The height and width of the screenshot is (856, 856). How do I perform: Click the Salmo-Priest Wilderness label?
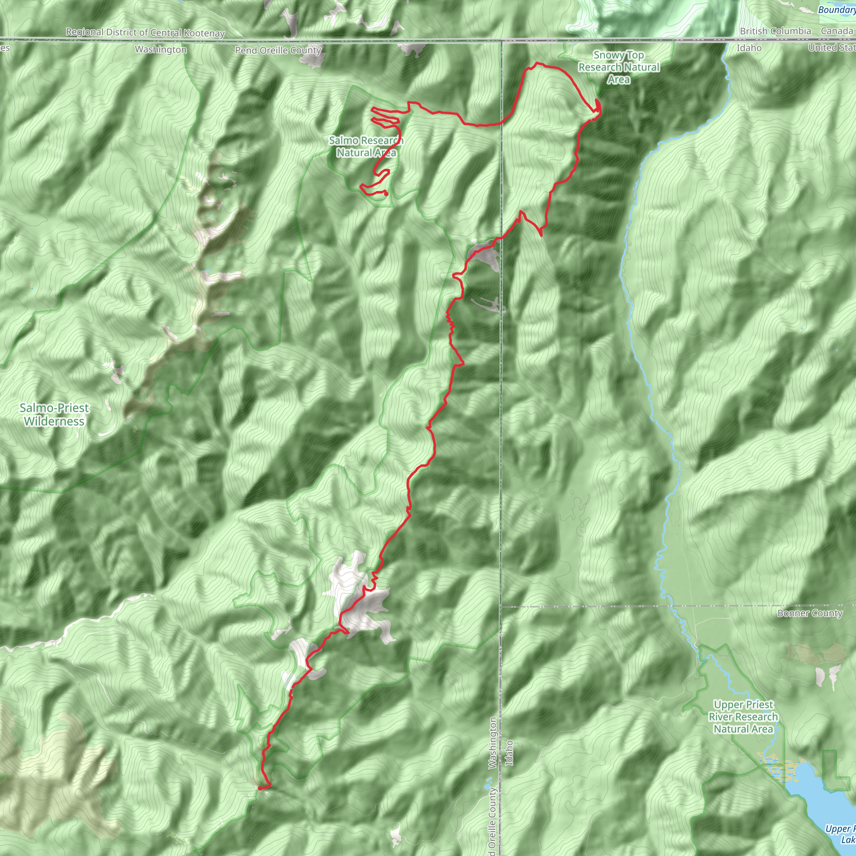click(x=54, y=414)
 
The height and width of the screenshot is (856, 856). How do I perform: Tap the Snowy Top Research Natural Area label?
click(x=619, y=67)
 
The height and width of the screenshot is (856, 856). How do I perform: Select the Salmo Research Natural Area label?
click(x=366, y=146)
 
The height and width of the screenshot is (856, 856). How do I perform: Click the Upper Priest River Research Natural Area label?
click(x=743, y=716)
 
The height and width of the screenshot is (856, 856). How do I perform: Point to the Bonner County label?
click(x=810, y=613)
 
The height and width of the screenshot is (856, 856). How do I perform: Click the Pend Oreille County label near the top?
click(x=278, y=50)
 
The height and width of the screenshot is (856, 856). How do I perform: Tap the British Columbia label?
click(x=775, y=31)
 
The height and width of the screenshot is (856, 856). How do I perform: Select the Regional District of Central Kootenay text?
click(x=145, y=32)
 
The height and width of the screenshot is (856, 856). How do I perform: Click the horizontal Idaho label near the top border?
click(x=749, y=48)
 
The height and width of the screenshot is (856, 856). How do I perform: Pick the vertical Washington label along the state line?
click(x=492, y=743)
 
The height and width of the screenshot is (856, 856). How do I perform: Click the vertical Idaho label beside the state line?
click(x=510, y=753)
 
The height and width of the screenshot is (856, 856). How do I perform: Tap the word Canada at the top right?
click(x=836, y=31)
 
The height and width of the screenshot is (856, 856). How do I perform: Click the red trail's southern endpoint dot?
click(x=260, y=788)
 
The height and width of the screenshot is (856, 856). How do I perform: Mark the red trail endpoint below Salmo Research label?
click(x=386, y=194)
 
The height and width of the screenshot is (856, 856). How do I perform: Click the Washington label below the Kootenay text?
click(x=161, y=49)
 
